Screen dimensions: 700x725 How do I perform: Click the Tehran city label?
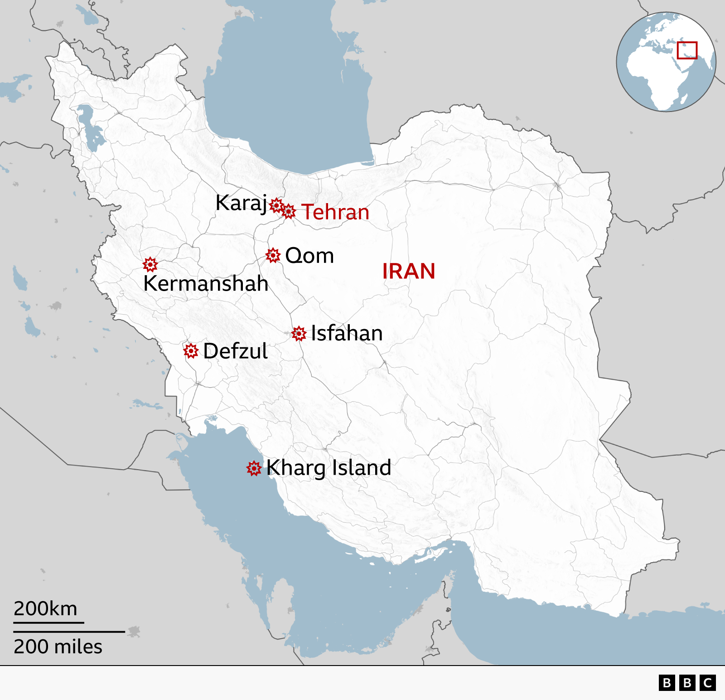(335, 212)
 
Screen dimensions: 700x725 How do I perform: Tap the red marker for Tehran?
(289, 211)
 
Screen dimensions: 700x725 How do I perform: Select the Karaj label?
(241, 203)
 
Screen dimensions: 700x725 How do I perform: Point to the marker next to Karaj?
(276, 205)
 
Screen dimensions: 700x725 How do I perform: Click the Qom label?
(309, 256)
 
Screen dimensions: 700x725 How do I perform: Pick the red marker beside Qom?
(273, 255)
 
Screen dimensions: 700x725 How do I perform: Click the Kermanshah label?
(206, 284)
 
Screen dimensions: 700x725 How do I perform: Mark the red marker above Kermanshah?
(150, 264)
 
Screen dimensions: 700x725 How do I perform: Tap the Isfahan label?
(347, 333)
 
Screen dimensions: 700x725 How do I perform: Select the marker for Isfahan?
(299, 334)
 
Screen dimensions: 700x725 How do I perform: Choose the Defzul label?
(235, 351)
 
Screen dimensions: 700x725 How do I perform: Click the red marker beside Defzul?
(191, 350)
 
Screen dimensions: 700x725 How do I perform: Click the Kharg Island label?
(329, 468)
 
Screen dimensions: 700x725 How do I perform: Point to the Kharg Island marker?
(254, 468)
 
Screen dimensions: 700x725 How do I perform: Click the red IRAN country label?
(408, 271)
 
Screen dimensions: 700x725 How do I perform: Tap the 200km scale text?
(45, 608)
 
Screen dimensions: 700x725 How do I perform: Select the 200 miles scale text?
(58, 647)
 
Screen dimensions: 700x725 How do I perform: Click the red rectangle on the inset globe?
(687, 50)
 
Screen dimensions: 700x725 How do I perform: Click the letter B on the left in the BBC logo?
(667, 683)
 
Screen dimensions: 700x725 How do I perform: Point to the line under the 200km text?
(48, 622)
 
